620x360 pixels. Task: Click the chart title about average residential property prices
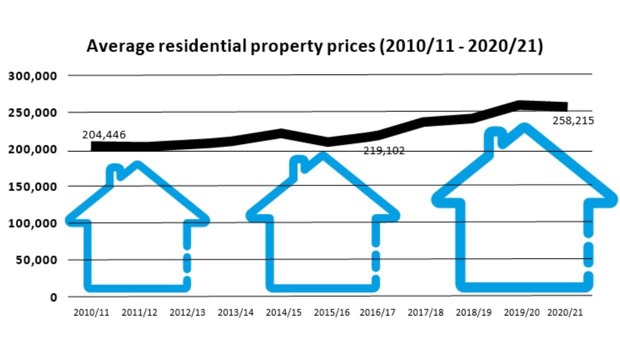[x=314, y=46]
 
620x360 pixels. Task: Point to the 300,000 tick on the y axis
[x=33, y=76]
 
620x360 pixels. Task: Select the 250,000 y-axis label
[x=33, y=112]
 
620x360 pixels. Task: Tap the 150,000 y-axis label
[x=33, y=186]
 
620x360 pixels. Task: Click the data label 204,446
[x=104, y=134]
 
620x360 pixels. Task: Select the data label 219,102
[x=384, y=150]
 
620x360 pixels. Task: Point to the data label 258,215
[x=573, y=120]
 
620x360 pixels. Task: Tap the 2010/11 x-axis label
[x=91, y=312]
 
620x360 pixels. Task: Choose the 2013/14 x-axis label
[x=236, y=312]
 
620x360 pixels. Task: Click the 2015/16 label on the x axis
[x=332, y=312]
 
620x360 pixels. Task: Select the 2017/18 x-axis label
[x=426, y=312]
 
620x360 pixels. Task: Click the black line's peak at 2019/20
[x=521, y=105]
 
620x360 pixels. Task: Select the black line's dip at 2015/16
[x=328, y=141]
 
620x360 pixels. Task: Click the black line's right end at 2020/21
[x=565, y=107]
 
